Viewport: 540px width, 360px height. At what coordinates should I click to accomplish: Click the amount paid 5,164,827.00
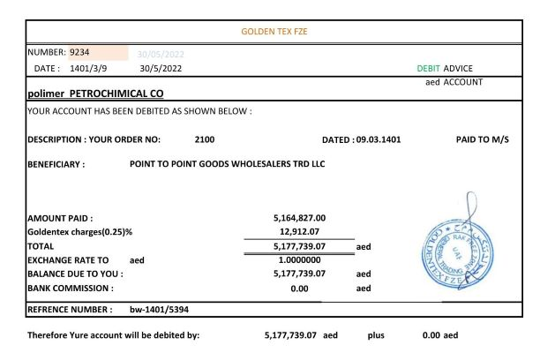click(302, 217)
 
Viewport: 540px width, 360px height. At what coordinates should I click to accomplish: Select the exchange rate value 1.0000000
click(303, 261)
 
